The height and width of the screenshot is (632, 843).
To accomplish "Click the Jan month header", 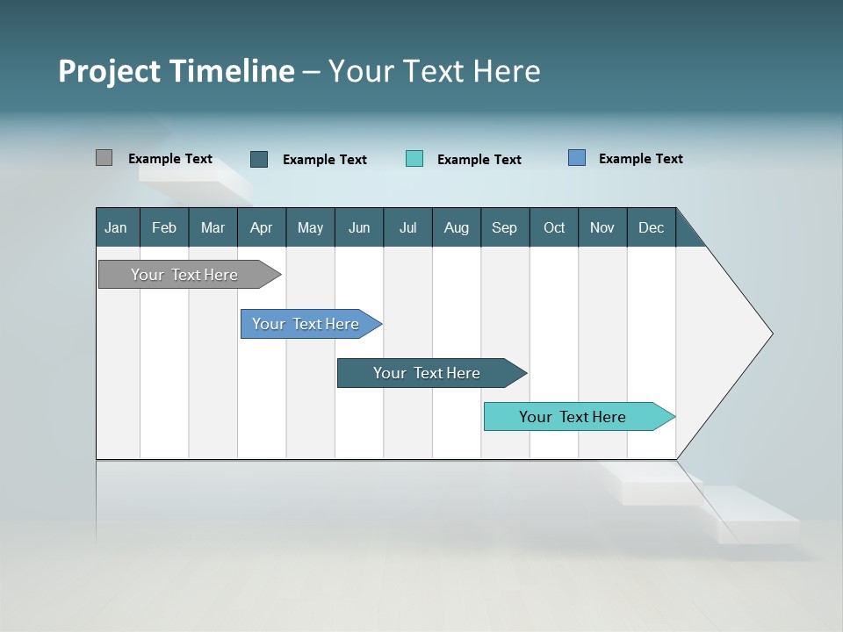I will (117, 227).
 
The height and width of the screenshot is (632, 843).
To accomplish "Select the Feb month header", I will (164, 227).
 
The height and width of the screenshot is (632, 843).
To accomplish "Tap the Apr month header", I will (261, 227).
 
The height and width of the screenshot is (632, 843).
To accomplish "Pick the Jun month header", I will (359, 227).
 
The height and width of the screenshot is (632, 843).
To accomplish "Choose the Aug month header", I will (456, 227).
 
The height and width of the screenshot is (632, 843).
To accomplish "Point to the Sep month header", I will (504, 227).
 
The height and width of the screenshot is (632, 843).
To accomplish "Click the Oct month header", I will (554, 227).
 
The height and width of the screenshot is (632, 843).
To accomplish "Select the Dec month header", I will (651, 227).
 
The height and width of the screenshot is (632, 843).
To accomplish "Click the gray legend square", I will (104, 158).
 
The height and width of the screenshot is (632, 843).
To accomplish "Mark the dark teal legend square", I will (259, 159).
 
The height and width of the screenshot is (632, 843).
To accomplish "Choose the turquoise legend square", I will (414, 159).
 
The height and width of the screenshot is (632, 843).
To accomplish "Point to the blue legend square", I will (577, 158).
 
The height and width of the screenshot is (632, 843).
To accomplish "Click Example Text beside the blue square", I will (640, 159).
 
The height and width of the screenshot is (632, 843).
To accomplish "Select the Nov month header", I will (602, 227).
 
